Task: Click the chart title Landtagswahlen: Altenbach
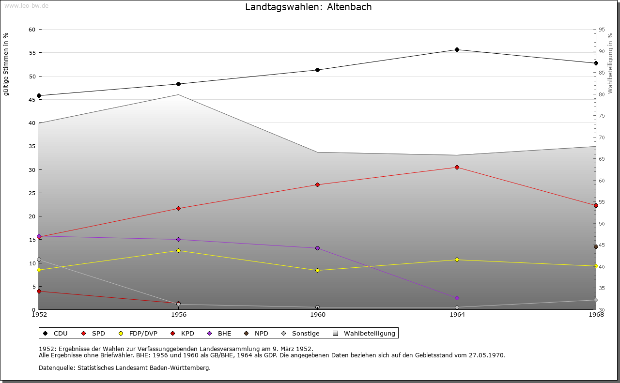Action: coord(309,7)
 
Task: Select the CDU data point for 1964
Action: coord(457,49)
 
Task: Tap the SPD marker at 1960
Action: coord(318,184)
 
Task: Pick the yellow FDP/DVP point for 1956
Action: coord(178,250)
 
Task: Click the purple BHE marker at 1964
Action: coord(457,298)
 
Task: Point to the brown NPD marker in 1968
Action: coord(596,246)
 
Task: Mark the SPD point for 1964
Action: coord(457,167)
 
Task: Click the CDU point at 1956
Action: coord(178,84)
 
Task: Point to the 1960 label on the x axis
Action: coord(318,315)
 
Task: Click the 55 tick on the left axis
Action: coord(32,53)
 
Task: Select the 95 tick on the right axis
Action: coord(601,30)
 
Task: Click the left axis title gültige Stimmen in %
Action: coord(6,64)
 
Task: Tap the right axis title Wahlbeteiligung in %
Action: coord(610,63)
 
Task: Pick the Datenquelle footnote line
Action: coord(124,368)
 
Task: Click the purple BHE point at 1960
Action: coord(318,248)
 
